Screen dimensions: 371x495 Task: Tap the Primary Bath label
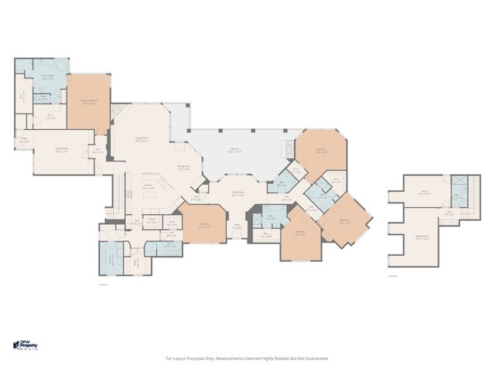click(x=47, y=77)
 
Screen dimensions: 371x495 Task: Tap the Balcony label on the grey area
click(x=234, y=151)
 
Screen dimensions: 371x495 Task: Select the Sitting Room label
click(x=237, y=194)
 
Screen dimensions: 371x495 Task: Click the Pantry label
click(x=153, y=222)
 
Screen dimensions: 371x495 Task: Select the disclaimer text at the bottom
click(x=247, y=358)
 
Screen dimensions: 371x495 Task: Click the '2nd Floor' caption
click(x=393, y=276)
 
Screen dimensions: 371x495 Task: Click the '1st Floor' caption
click(x=102, y=285)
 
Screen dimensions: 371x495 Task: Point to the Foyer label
click(x=237, y=226)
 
